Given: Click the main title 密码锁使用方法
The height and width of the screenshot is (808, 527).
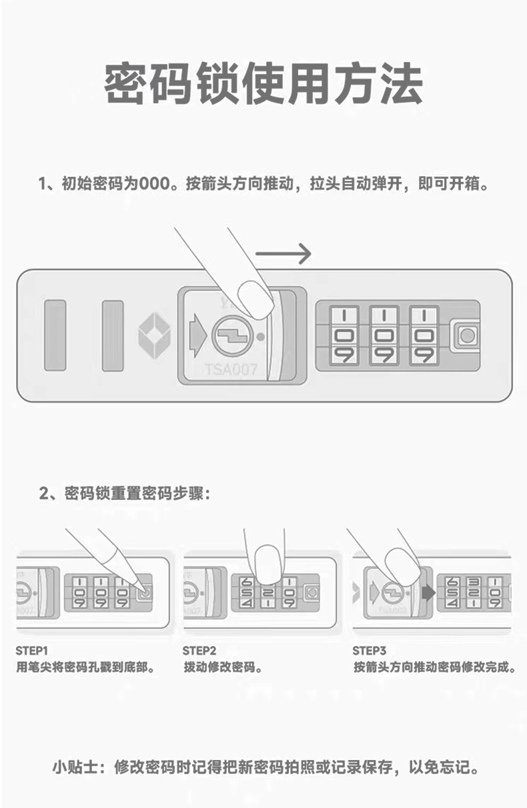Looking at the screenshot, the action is click(x=263, y=85).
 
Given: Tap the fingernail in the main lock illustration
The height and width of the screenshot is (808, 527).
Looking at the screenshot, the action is click(x=255, y=298).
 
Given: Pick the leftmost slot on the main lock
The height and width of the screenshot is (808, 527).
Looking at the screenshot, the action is click(x=55, y=335).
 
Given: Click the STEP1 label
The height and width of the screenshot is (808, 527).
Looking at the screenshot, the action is click(x=32, y=651).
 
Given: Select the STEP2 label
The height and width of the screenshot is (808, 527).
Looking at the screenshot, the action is click(x=199, y=651).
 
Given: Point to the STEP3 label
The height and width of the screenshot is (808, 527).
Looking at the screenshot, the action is click(x=370, y=651).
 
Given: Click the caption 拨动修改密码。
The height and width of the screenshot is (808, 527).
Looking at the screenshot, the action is click(x=223, y=667).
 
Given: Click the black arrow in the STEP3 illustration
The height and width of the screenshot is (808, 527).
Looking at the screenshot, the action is click(x=428, y=592).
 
